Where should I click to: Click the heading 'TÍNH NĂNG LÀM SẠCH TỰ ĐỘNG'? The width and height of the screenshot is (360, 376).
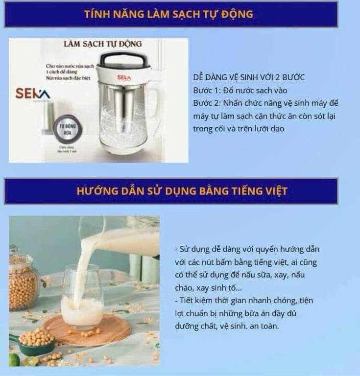click(168, 14)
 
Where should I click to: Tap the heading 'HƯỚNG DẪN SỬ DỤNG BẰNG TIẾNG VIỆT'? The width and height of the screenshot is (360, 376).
click(182, 191)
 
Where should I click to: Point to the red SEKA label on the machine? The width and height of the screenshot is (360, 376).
click(123, 78)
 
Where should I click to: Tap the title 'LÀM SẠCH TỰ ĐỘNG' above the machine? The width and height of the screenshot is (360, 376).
click(102, 44)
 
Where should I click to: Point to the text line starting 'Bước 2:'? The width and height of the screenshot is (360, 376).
click(266, 103)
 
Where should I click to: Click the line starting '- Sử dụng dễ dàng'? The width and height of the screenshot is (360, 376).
click(247, 249)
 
